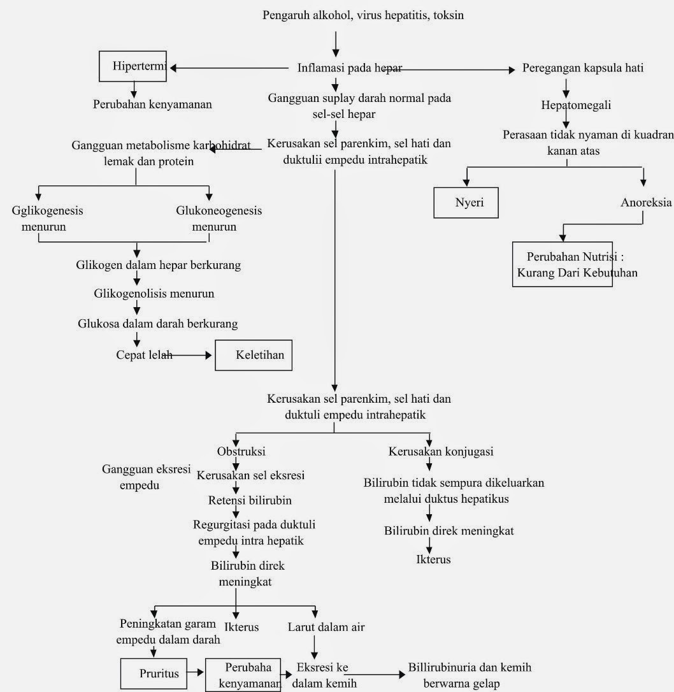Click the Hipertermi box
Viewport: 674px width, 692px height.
[132, 66]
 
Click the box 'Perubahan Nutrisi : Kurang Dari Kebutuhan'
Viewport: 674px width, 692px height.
[563, 264]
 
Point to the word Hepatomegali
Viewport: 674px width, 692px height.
[566, 105]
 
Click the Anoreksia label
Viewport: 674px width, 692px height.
[646, 203]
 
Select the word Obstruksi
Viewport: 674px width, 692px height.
[241, 452]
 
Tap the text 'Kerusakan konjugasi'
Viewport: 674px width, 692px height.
[441, 452]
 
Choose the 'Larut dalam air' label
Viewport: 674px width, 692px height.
[326, 627]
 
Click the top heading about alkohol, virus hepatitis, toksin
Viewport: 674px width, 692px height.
[363, 15]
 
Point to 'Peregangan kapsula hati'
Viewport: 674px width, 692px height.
[583, 68]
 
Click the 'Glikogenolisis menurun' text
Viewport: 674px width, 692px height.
[154, 294]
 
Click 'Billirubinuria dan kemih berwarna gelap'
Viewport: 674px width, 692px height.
[470, 675]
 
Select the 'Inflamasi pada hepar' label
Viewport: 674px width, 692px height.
[350, 68]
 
